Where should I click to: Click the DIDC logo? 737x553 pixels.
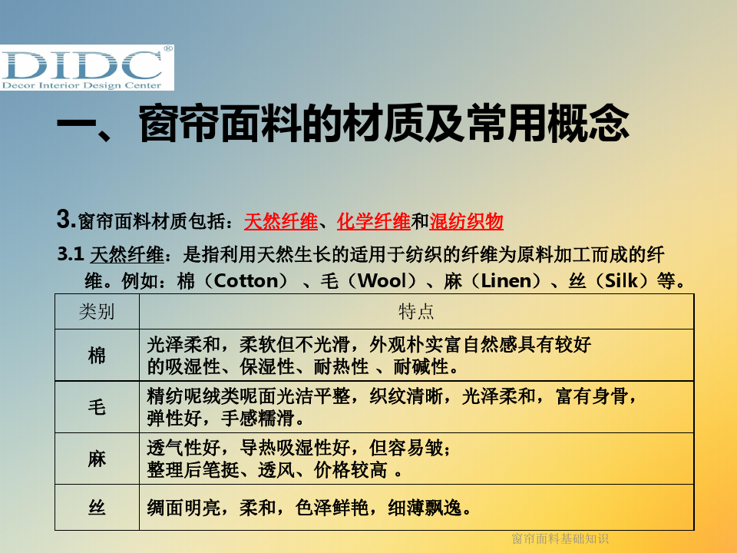tap(87, 68)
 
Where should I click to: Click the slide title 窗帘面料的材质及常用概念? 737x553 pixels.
tap(384, 123)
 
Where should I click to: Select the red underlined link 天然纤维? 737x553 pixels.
tap(281, 221)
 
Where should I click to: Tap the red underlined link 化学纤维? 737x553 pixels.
tap(374, 221)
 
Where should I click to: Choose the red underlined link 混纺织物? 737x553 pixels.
tap(466, 221)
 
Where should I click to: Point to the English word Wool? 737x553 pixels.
tap(382, 281)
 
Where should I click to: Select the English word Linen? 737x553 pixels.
tap(506, 281)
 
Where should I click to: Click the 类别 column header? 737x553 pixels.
tap(97, 311)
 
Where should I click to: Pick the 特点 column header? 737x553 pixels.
tap(416, 311)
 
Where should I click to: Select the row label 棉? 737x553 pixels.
tap(97, 356)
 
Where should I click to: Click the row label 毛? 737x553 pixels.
tap(97, 407)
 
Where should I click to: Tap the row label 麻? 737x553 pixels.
tap(97, 459)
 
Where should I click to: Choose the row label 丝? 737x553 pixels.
tap(97, 508)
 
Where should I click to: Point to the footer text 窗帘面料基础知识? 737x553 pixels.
tap(560, 538)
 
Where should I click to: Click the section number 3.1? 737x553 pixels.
tap(71, 254)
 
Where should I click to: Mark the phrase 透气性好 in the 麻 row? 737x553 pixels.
tap(183, 448)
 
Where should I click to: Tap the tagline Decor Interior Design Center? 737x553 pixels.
tap(82, 85)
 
